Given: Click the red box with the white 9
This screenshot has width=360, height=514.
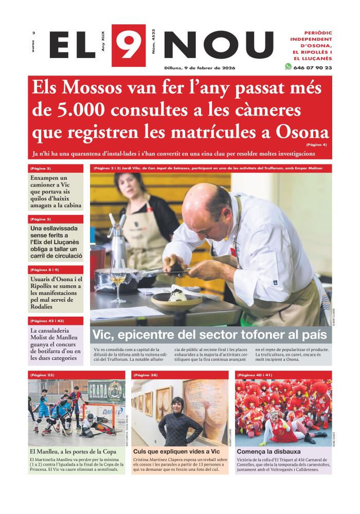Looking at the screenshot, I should click(x=128, y=45).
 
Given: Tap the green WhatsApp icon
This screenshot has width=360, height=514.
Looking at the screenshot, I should click(x=288, y=67).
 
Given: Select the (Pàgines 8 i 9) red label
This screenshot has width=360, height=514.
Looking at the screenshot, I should click(x=56, y=269).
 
